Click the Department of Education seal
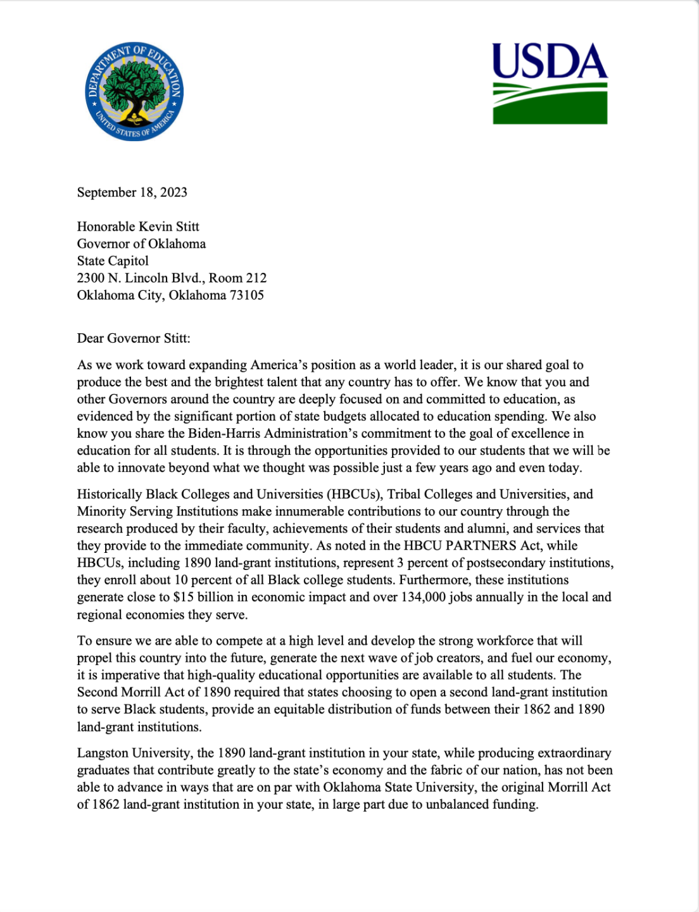pyautogui.click(x=134, y=92)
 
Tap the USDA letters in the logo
pyautogui.click(x=549, y=61)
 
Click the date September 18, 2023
pyautogui.click(x=132, y=193)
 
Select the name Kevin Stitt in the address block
pyautogui.click(x=168, y=227)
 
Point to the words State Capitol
pyautogui.click(x=113, y=261)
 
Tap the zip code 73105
pyautogui.click(x=246, y=295)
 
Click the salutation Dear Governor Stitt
pyautogui.click(x=133, y=338)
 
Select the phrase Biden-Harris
pyautogui.click(x=225, y=434)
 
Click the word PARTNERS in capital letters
pyautogui.click(x=484, y=546)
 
